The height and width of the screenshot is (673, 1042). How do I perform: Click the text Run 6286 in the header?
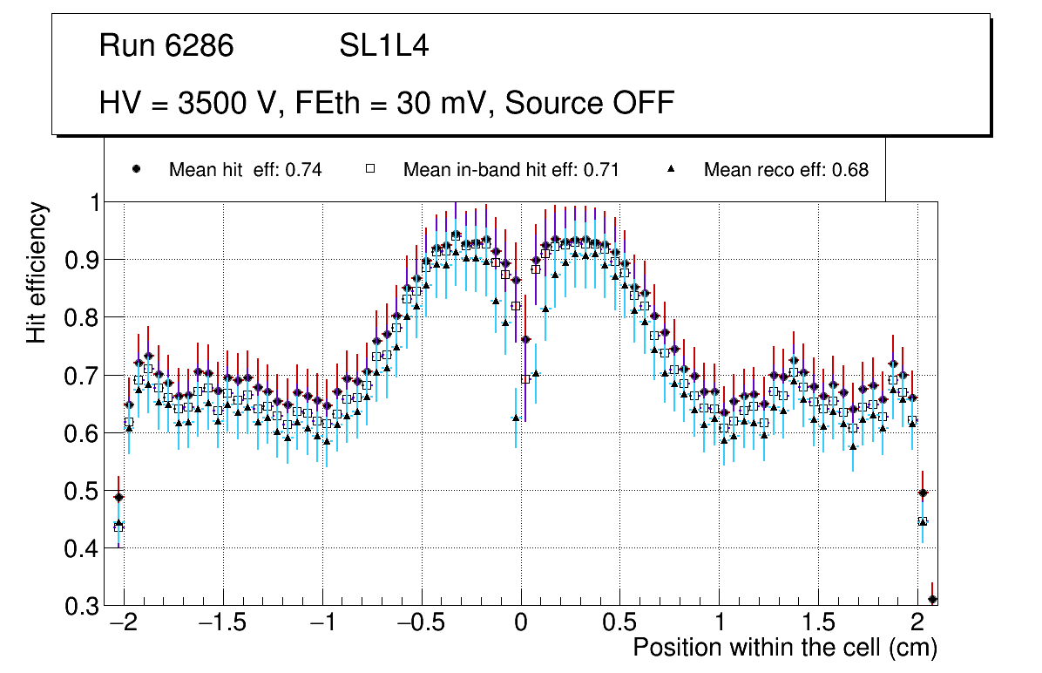pyautogui.click(x=166, y=46)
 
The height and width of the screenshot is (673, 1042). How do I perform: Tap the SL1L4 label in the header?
pyautogui.click(x=383, y=46)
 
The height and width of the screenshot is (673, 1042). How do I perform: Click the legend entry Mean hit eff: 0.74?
pyautogui.click(x=245, y=170)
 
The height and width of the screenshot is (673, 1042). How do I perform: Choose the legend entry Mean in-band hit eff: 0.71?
pyautogui.click(x=511, y=170)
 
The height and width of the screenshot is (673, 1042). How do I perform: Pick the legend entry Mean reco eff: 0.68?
pyautogui.click(x=786, y=170)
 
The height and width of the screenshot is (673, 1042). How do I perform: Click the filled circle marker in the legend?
pyautogui.click(x=136, y=169)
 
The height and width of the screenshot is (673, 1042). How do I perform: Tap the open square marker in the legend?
pyautogui.click(x=369, y=169)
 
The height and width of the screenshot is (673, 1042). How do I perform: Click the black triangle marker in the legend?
pyautogui.click(x=671, y=169)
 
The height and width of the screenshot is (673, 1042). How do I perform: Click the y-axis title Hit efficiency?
pyautogui.click(x=37, y=272)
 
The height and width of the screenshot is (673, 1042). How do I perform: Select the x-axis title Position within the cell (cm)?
pyautogui.click(x=785, y=648)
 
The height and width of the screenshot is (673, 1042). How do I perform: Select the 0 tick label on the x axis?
pyautogui.click(x=520, y=624)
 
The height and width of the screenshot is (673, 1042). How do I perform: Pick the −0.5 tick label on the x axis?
pyautogui.click(x=420, y=624)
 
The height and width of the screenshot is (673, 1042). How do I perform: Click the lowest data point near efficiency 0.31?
pyautogui.click(x=932, y=599)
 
